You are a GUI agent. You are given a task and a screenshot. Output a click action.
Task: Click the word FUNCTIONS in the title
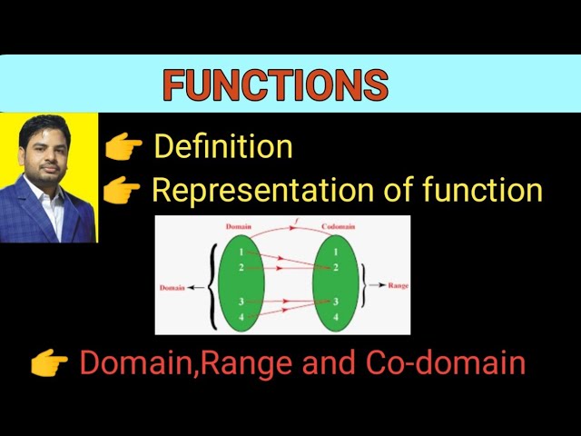pyautogui.click(x=275, y=85)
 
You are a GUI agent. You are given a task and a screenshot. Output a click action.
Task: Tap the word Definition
pyautogui.click(x=223, y=146)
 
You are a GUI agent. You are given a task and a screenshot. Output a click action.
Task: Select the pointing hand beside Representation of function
pyautogui.click(x=122, y=191)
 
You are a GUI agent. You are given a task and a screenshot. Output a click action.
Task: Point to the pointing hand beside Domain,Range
pyautogui.click(x=49, y=364)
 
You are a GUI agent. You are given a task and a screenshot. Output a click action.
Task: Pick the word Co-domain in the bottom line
pyautogui.click(x=446, y=363)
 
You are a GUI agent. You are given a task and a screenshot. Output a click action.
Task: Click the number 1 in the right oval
pyautogui.click(x=336, y=251)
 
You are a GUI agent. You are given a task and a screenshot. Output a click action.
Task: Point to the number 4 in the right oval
pyautogui.click(x=336, y=317)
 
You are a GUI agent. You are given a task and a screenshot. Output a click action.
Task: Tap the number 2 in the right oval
pyautogui.click(x=336, y=267)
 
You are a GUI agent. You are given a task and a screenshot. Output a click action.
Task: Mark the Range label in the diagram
pyautogui.click(x=398, y=285)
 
